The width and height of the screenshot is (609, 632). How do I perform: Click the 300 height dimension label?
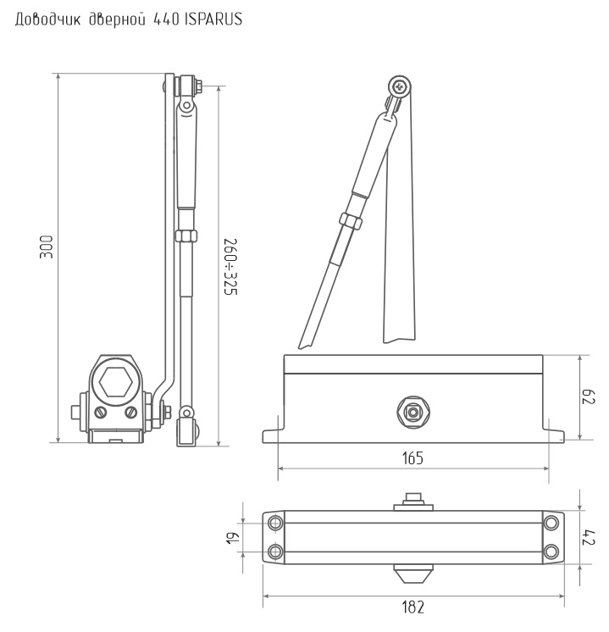tap(47, 247)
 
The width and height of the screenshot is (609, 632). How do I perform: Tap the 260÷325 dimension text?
tap(231, 267)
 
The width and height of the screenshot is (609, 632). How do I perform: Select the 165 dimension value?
tap(412, 458)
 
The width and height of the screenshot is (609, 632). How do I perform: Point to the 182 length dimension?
tap(413, 607)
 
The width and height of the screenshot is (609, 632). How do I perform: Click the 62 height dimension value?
tap(589, 397)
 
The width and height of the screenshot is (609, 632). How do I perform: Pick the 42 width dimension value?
tap(589, 537)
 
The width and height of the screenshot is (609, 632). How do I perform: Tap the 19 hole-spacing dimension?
tap(234, 537)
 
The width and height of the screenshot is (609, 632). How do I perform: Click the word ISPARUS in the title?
tap(213, 19)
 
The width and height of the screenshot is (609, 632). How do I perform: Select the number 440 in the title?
tap(166, 19)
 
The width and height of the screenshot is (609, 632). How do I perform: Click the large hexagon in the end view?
tap(115, 381)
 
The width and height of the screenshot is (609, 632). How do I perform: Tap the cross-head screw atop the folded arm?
tap(400, 86)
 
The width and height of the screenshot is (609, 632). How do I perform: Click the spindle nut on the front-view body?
tap(413, 412)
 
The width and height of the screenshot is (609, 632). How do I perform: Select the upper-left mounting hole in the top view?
tap(275, 524)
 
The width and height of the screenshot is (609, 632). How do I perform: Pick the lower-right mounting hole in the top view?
tap(551, 551)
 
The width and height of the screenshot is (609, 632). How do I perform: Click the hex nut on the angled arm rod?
tap(351, 221)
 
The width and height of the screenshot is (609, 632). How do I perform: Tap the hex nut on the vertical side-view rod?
tap(186, 236)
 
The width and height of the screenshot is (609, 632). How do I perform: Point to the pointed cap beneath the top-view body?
tap(413, 574)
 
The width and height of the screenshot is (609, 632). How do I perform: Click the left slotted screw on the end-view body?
tap(100, 413)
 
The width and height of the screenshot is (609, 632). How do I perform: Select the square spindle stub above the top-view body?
tap(413, 499)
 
